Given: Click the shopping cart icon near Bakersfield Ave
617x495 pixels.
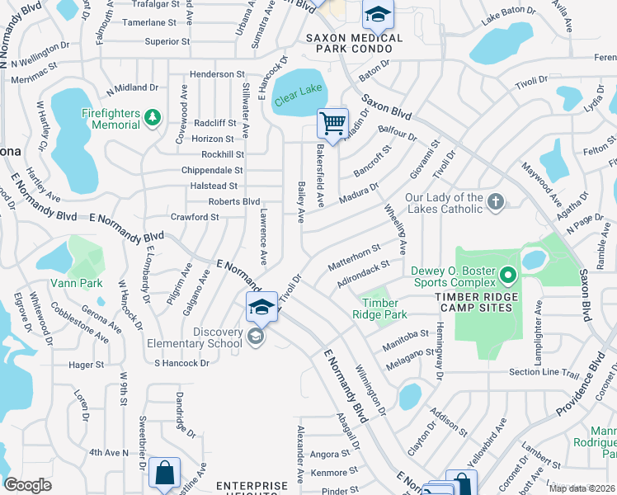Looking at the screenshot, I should click(x=332, y=124).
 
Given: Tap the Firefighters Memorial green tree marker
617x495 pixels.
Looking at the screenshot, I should click(x=152, y=119).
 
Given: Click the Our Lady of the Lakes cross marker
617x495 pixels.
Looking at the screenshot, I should click(x=496, y=202).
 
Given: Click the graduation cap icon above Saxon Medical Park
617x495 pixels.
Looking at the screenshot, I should click(x=379, y=14).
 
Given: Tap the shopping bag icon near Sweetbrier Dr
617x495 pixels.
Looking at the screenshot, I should click(x=166, y=474).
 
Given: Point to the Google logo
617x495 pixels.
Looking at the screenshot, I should click(x=28, y=485).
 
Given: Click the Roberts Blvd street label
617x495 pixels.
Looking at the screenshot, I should click(x=234, y=201).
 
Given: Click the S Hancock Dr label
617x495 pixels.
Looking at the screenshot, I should click(x=181, y=363).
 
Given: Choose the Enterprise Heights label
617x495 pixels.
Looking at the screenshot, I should click(x=252, y=486).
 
